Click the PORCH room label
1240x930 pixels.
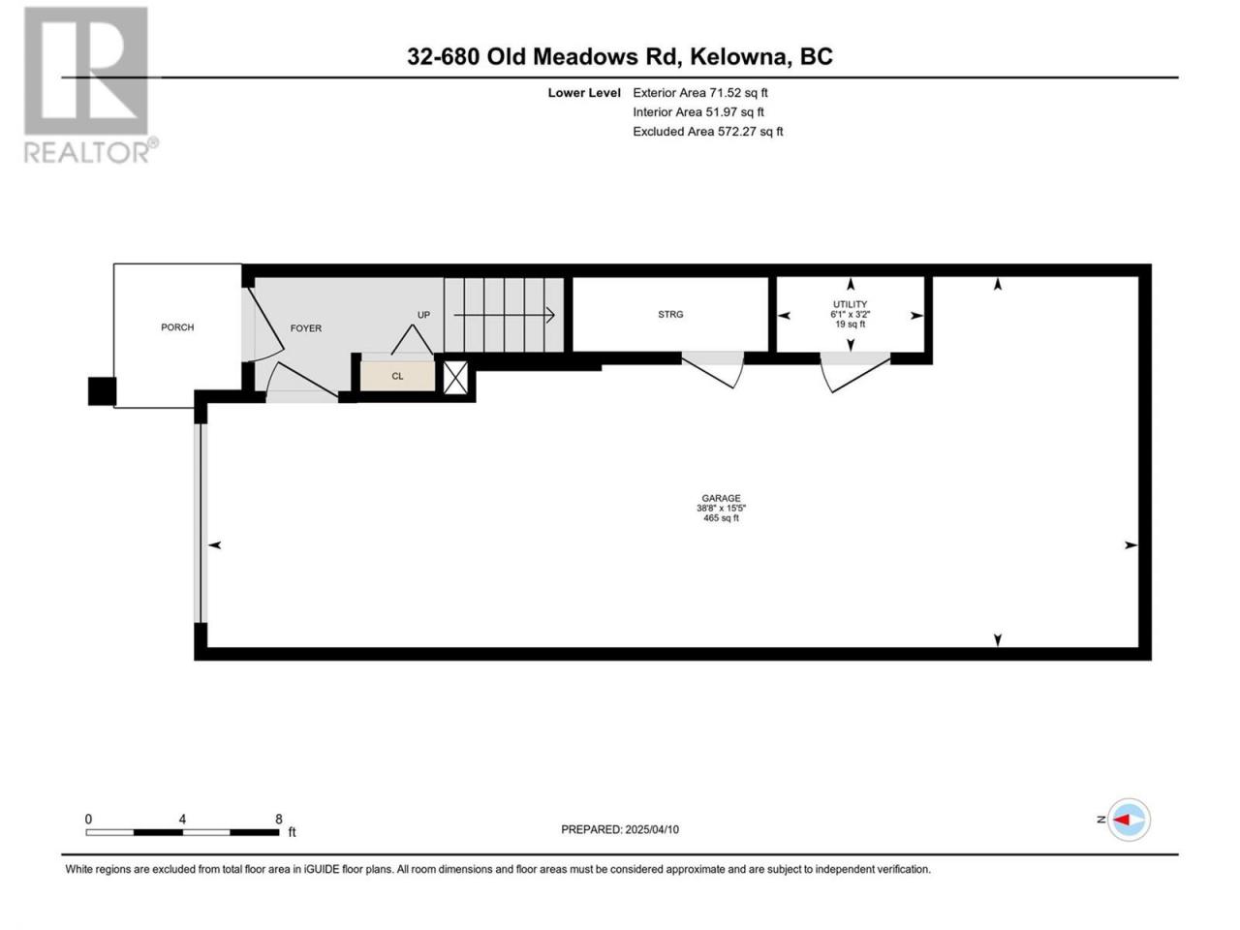[177, 327]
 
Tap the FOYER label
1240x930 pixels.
[305, 328]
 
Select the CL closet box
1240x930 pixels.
[398, 376]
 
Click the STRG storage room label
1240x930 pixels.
[670, 315]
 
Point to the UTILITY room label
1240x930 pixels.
[850, 304]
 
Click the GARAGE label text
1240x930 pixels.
[721, 498]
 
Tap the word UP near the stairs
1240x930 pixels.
[423, 315]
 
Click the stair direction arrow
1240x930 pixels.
[504, 315]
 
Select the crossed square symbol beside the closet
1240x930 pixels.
[456, 378]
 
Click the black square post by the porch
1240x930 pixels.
[103, 391]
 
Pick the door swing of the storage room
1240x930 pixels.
[714, 369]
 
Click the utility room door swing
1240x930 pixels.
[854, 372]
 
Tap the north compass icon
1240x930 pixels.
[1129, 820]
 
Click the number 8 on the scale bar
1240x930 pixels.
[278, 819]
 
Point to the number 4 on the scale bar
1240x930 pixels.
[182, 819]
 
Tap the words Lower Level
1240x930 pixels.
[584, 93]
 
